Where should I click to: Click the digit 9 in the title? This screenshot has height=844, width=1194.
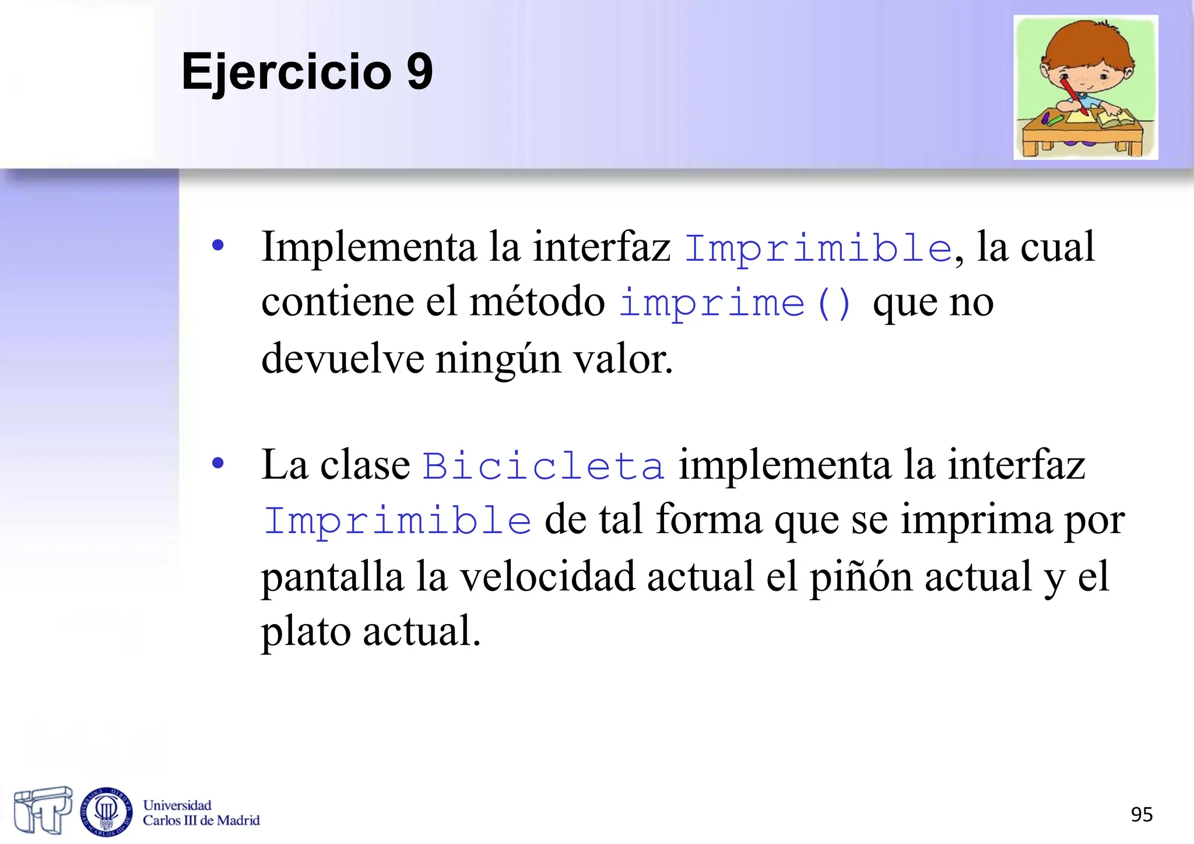click(x=419, y=71)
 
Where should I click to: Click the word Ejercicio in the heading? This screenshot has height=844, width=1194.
click(x=286, y=72)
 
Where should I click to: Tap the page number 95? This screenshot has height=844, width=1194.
click(x=1141, y=814)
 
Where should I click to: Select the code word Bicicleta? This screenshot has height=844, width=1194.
click(x=543, y=466)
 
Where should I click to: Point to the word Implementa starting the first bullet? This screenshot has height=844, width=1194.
click(x=368, y=247)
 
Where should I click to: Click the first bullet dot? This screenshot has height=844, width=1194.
click(x=218, y=246)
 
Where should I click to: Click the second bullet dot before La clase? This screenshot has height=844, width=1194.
click(x=218, y=464)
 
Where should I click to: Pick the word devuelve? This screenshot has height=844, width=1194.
click(x=342, y=359)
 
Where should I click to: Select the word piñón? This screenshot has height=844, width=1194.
click(x=861, y=577)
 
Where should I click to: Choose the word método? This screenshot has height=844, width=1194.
click(x=537, y=302)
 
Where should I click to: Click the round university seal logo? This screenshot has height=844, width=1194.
click(x=106, y=810)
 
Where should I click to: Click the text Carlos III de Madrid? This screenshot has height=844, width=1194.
click(x=201, y=821)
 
